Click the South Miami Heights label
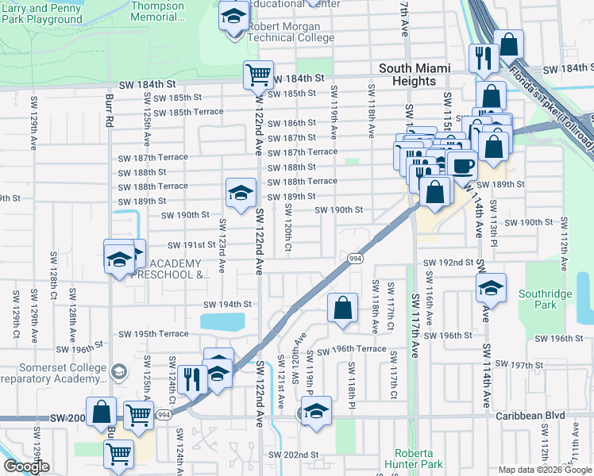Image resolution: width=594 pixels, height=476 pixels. tap(408, 75)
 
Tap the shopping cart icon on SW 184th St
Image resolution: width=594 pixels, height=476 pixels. tap(258, 75)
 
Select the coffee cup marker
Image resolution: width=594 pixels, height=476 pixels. tap(462, 165)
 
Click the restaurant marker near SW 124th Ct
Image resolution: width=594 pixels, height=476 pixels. tap(191, 378)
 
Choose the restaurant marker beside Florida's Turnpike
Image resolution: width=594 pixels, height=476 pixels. tap(482, 57)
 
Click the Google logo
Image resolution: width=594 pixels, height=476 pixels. tap(26, 466)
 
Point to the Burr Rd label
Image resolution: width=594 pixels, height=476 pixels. tap(110, 112)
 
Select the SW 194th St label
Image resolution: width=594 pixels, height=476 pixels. tap(227, 304)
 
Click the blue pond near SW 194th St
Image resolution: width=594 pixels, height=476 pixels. tap(222, 322)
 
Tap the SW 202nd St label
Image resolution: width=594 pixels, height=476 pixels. tap(293, 455)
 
